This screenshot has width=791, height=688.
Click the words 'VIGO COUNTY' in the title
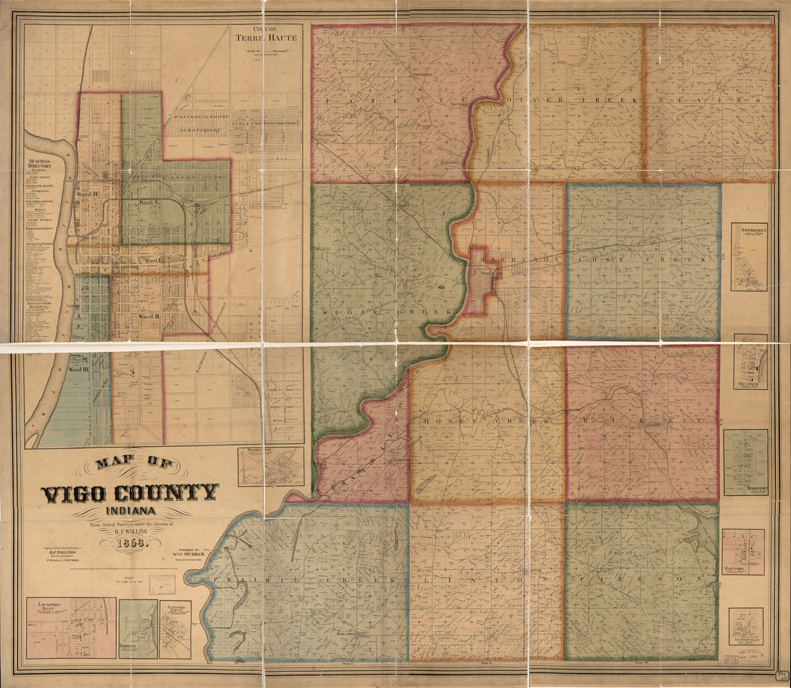pyautogui.click(x=129, y=494)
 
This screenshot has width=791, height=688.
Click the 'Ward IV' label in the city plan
pyautogui.click(x=87, y=194)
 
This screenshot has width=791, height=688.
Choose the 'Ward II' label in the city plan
pyautogui.click(x=148, y=316)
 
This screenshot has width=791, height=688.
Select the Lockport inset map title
pyautogui.click(x=43, y=606)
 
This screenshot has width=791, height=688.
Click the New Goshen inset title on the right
pyautogui.click(x=749, y=230)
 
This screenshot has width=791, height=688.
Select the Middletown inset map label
pyautogui.click(x=746, y=488)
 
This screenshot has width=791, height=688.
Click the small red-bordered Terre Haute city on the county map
pyautogui.click(x=482, y=281)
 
